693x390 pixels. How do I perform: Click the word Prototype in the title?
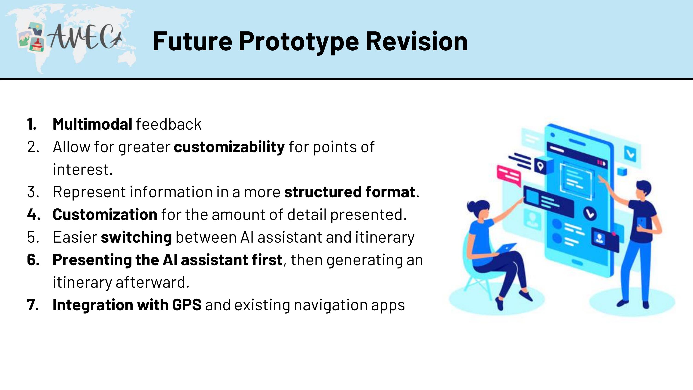click(x=299, y=42)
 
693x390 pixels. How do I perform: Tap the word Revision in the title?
click(x=416, y=41)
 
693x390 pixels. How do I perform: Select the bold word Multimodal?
click(x=92, y=124)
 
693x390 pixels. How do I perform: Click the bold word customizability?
click(x=229, y=147)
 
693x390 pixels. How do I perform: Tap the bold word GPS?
click(x=187, y=305)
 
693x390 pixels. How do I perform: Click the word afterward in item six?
click(x=152, y=282)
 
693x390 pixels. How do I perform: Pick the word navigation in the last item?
click(x=331, y=305)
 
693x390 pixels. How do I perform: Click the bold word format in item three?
click(x=390, y=192)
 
